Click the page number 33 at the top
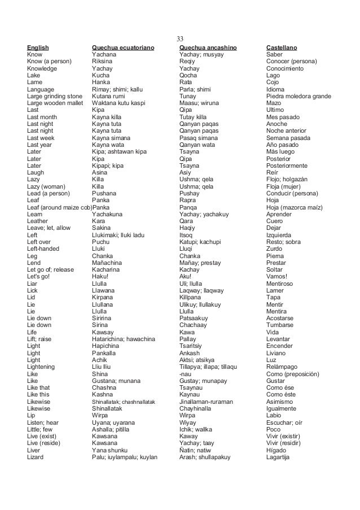(180, 39)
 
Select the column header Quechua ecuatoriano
(122, 47)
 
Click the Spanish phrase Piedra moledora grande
(298, 96)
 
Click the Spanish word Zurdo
(275, 248)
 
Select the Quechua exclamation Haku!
(100, 276)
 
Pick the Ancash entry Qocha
(188, 75)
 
